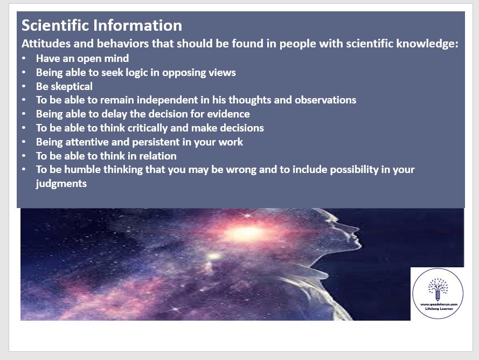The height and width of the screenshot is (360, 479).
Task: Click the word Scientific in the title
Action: click(54, 25)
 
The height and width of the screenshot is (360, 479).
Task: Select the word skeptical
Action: click(72, 87)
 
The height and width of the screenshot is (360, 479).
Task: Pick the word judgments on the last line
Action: click(61, 184)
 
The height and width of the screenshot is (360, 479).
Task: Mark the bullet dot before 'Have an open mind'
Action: click(24, 58)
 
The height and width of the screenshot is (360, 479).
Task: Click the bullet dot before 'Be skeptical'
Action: click(24, 86)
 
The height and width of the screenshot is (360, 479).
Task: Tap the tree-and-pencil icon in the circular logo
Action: click(438, 289)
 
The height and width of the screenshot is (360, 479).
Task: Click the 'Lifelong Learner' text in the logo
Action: click(439, 309)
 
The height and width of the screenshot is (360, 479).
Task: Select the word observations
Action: click(325, 100)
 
